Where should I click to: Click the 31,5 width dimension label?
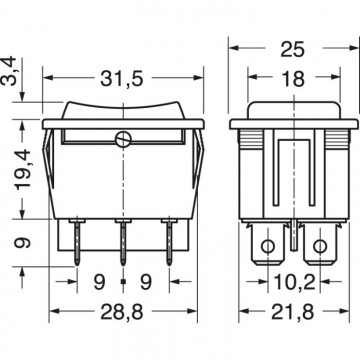pos(122,79)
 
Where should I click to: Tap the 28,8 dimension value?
pos(122,312)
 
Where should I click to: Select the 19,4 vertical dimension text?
pos(24,169)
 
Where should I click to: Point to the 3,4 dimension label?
pos(8,71)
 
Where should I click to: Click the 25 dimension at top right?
pos(293,49)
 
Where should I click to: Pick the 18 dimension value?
pos(293,79)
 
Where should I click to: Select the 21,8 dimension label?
pos(293,312)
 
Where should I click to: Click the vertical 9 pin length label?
pos(23,242)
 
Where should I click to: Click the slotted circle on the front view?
pos(123,139)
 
